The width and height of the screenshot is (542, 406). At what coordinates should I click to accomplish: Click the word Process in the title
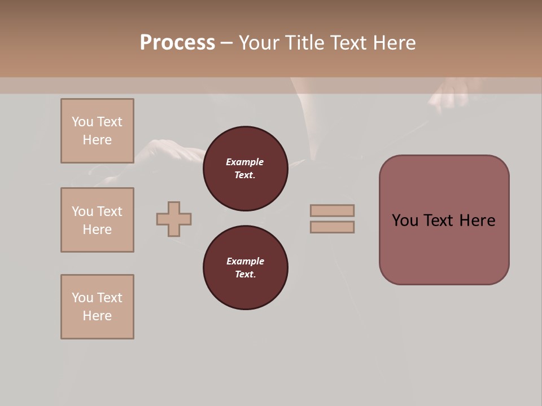[177, 43]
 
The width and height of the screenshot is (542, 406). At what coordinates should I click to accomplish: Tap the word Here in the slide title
[392, 43]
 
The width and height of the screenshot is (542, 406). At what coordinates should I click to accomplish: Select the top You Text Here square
[97, 131]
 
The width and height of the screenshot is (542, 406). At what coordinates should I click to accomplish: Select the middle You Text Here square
[97, 220]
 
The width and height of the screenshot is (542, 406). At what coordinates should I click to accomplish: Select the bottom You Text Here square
[97, 307]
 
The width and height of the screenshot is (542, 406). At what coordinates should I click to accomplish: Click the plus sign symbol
[174, 219]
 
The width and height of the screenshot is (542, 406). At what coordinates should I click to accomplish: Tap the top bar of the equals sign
[332, 210]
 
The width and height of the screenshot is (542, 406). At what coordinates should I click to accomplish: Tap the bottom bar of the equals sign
[332, 227]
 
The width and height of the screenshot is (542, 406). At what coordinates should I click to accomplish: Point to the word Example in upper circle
[245, 162]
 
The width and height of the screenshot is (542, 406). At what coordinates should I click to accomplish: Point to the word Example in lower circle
[245, 261]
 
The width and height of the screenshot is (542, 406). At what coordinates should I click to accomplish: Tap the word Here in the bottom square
[97, 316]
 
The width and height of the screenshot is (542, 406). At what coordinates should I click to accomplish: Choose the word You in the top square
[82, 122]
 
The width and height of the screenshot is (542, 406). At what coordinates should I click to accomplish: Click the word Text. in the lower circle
[245, 274]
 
